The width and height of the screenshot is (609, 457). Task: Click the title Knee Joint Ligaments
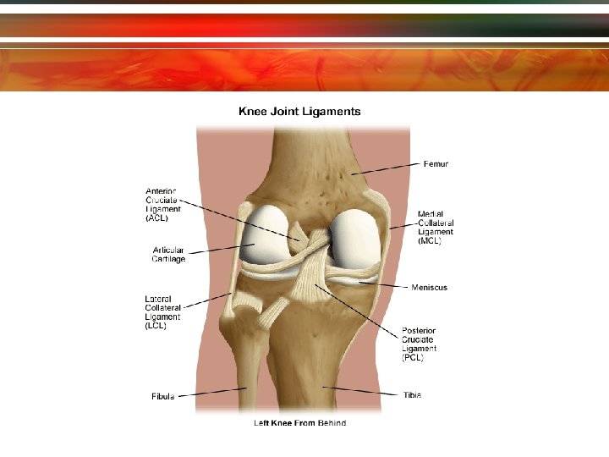click(299, 111)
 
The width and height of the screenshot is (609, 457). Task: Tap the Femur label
click(436, 163)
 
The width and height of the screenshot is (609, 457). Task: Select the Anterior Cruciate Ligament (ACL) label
click(162, 204)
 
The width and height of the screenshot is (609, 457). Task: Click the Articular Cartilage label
click(168, 254)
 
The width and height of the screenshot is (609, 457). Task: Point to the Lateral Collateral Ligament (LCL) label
click(161, 311)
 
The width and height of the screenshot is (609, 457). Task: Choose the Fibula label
click(163, 396)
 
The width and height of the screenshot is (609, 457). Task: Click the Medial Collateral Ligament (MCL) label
click(436, 227)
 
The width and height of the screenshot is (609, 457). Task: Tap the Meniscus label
click(429, 288)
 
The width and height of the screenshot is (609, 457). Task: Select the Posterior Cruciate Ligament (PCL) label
click(420, 344)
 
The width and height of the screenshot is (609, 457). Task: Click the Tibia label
click(412, 394)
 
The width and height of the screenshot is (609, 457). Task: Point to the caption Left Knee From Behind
click(299, 422)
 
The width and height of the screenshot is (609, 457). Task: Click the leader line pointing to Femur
click(385, 168)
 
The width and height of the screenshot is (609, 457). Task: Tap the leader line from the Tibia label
click(364, 391)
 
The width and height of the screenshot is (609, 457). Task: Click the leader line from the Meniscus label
click(385, 285)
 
